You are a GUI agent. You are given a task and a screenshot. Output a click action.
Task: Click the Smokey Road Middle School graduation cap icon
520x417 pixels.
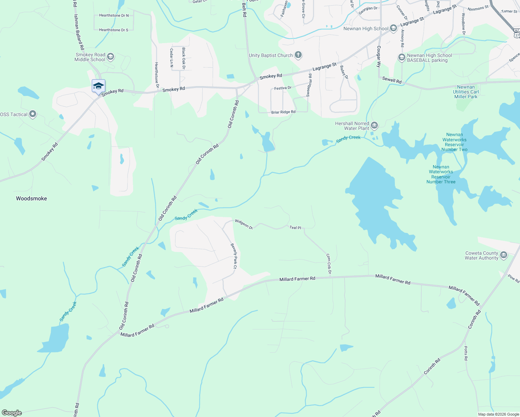click(x=111, y=56)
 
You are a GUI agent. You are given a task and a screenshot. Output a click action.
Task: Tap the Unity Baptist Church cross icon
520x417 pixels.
click(x=298, y=55)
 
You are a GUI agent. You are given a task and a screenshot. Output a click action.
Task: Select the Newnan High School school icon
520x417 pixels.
click(x=393, y=28)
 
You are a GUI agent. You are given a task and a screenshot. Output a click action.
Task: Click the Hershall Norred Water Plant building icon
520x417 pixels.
click(x=374, y=125)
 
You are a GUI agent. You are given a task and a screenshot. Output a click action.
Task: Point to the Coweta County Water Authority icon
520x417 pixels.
click(x=504, y=255)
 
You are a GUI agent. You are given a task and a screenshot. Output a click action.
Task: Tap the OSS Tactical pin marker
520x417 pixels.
click(x=33, y=114)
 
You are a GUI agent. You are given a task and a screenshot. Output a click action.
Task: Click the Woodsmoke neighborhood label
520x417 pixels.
click(x=31, y=198)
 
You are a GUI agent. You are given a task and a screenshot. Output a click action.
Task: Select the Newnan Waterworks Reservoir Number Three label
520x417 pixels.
click(x=441, y=174)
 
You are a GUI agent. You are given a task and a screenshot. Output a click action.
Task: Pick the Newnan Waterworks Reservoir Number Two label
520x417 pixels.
click(x=454, y=142)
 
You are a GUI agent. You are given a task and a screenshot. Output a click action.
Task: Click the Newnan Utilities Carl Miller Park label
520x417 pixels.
click(x=466, y=92)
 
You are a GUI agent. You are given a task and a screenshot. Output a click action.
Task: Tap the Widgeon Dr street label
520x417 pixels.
click(x=243, y=224)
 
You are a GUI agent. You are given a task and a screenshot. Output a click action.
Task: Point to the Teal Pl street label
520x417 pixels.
click(x=295, y=228)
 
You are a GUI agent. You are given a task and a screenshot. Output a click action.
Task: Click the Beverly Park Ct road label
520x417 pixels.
click(x=234, y=256)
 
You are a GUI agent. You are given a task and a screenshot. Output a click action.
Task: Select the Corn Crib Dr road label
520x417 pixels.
click(x=328, y=264)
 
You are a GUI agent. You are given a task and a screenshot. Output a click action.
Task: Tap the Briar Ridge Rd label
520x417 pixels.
click(x=283, y=112)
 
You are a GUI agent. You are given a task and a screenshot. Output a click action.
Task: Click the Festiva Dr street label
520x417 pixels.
click(x=283, y=88)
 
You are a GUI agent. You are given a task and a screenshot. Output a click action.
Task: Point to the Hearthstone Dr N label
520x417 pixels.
click(x=114, y=15)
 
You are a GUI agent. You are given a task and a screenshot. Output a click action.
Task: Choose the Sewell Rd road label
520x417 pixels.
click(x=392, y=80)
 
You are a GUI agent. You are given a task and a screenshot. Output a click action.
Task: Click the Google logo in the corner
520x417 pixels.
click(x=11, y=413)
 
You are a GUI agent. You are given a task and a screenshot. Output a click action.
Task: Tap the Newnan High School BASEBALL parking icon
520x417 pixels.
click(x=402, y=57)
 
